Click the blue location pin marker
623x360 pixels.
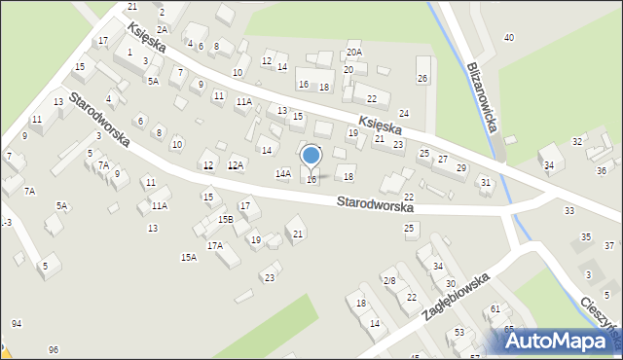click(311, 156)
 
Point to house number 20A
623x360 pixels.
click(353, 53)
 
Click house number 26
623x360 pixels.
click(421, 77)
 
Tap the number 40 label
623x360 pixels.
click(508, 37)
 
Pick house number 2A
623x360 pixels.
click(163, 29)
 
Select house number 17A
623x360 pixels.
click(214, 245)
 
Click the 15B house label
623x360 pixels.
click(225, 219)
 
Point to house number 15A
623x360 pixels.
click(189, 257)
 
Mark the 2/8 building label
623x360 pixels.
click(389, 280)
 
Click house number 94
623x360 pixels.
click(17, 323)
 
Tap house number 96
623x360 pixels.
click(54, 349)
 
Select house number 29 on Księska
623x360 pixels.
click(461, 168)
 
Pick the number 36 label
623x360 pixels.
click(602, 170)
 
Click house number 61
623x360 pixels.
click(495, 308)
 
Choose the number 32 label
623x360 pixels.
click(576, 141)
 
